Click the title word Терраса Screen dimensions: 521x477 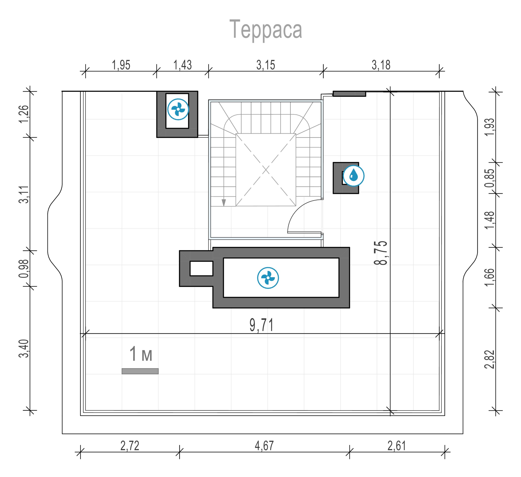[266, 30]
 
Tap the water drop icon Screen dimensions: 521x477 [353, 176]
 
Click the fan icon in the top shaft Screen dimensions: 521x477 [178, 109]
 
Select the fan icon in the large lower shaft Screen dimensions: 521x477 [268, 278]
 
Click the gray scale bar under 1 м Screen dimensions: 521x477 [140, 371]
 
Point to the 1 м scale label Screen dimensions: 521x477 [141, 354]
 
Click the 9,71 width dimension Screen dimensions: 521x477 [261, 325]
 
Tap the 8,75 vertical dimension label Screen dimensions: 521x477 [381, 253]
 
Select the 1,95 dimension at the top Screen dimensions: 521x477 [121, 65]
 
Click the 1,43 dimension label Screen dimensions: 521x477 [182, 65]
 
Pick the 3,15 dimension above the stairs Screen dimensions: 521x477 [266, 65]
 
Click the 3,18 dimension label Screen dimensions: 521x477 [381, 65]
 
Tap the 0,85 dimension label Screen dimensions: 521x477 [490, 178]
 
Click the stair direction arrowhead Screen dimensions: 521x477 [224, 203]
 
